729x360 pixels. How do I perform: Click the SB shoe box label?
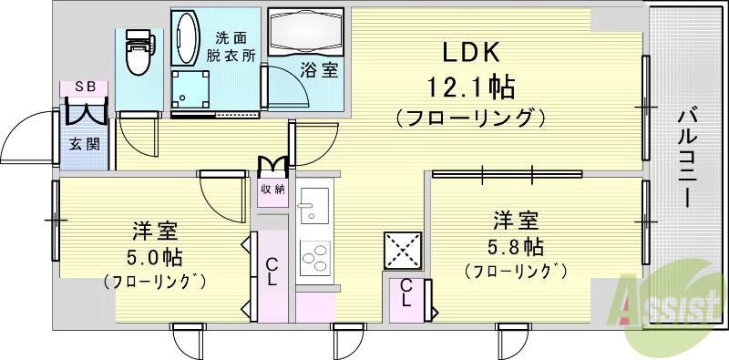pyautogui.click(x=85, y=87)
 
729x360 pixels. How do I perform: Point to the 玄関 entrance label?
pyautogui.click(x=85, y=143)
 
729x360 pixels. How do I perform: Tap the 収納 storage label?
pyautogui.click(x=272, y=190)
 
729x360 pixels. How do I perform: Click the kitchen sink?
pyautogui.click(x=315, y=203)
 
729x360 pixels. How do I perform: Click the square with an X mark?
pyautogui.click(x=403, y=249)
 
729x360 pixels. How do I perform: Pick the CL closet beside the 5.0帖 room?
pyautogui.click(x=272, y=271)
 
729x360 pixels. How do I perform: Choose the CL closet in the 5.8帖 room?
pyautogui.click(x=406, y=300)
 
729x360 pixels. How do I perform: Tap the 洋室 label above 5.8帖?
pyautogui.click(x=516, y=220)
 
